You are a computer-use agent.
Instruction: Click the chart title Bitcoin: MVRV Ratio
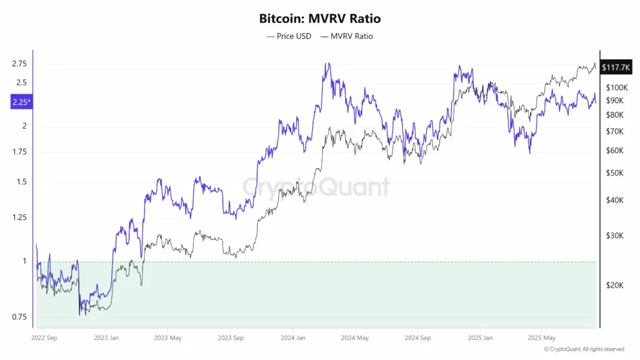pos(319,19)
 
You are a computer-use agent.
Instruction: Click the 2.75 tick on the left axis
pos(19,64)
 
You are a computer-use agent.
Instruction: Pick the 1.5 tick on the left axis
pos(22,182)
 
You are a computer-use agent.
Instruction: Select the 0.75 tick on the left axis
pos(19,317)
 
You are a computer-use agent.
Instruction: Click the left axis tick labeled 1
pos(24,261)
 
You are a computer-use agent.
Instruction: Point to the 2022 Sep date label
pos(44,337)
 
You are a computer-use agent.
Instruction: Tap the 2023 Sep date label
pos(230,337)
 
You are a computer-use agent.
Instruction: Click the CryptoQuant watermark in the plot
pos(316,186)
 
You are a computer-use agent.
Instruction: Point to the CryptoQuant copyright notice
pos(584,349)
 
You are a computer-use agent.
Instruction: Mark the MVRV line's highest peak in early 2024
pos(328,63)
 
